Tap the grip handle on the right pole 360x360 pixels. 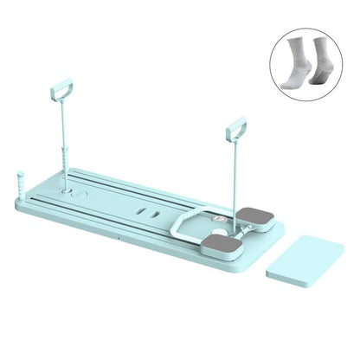236,130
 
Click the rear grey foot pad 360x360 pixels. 257,214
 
